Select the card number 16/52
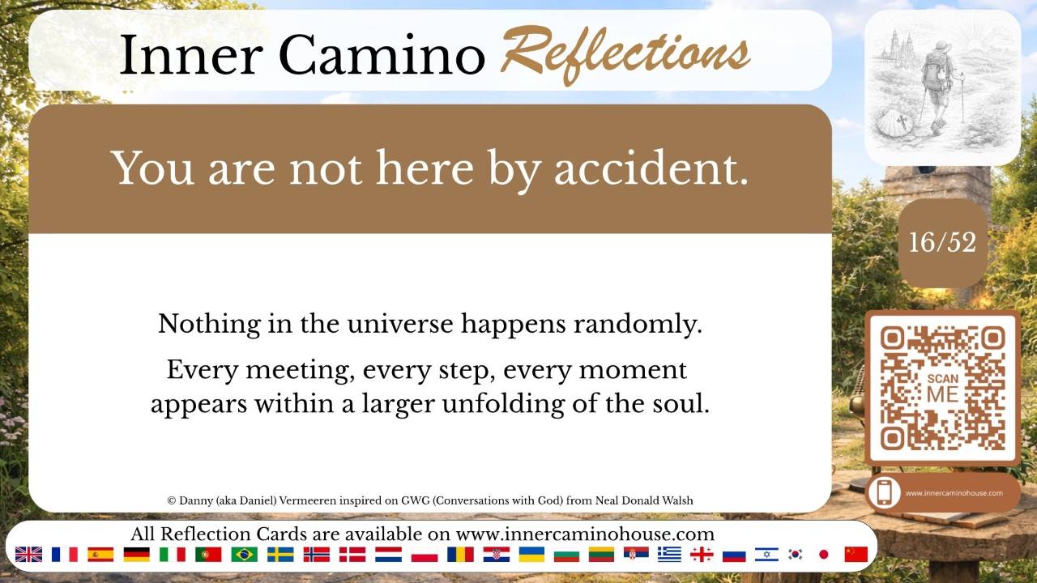[942, 242]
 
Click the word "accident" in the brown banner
[651, 168]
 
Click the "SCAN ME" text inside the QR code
[942, 388]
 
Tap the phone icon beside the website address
[885, 492]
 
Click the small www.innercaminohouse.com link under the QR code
[954, 493]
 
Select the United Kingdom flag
[28, 555]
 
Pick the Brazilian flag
[244, 555]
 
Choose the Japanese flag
[824, 555]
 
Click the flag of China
[856, 555]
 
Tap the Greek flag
[669, 555]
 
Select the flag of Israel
[766, 555]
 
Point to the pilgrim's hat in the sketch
[942, 47]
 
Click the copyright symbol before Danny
[171, 500]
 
